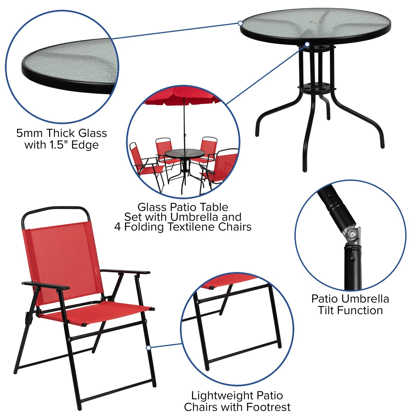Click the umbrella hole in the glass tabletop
pyautogui.click(x=314, y=22)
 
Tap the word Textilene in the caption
pyautogui.click(x=192, y=227)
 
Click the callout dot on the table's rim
pyautogui.click(x=240, y=23)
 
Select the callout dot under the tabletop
pyautogui.click(x=307, y=44)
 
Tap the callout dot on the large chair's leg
pyautogui.click(x=149, y=348)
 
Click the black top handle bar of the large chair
pyautogui.click(x=55, y=209)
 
